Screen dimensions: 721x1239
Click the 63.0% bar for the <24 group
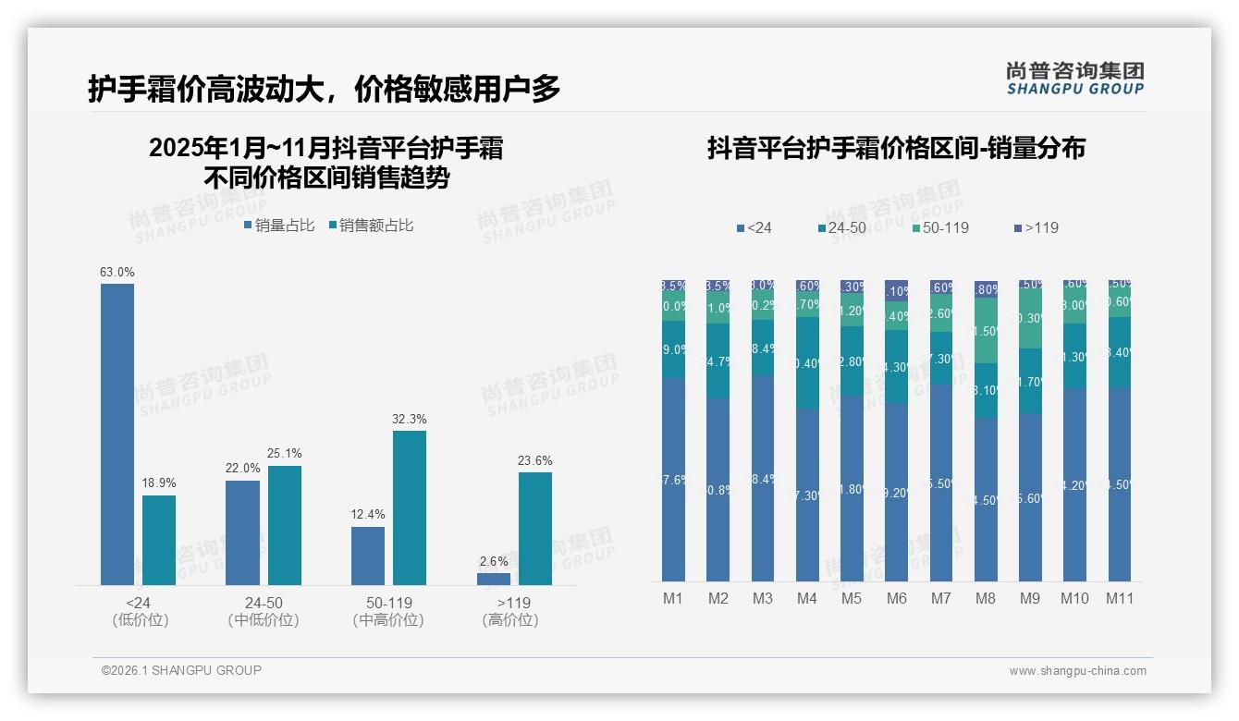[117, 434]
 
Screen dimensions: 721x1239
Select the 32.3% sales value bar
[410, 507]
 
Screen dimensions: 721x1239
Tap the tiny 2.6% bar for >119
[494, 579]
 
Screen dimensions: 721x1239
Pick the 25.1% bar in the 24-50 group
[285, 525]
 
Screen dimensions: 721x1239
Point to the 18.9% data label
[159, 483]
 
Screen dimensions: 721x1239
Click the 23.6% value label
[535, 460]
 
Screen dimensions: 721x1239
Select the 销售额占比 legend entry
[371, 226]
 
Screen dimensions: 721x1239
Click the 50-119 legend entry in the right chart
[940, 227]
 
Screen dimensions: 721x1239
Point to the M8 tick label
[986, 599]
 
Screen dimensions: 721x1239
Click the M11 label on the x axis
[1120, 599]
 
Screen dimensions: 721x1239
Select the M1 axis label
[673, 599]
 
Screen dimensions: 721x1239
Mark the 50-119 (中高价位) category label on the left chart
[388, 611]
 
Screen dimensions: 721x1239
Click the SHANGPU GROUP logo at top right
[1074, 79]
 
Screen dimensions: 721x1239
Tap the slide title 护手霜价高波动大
[325, 89]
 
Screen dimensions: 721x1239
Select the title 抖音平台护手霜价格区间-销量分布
[896, 148]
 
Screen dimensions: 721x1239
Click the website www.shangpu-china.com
[1077, 671]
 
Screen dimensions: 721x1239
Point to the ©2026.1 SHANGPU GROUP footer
[181, 670]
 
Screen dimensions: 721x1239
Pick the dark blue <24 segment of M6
[897, 492]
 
